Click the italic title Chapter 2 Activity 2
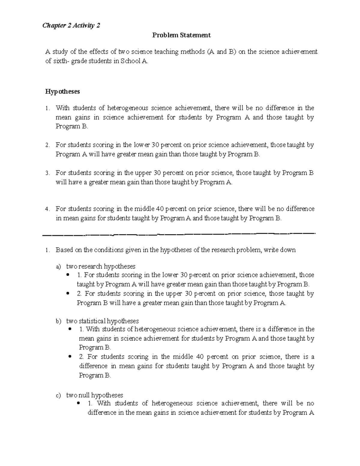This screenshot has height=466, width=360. (71, 26)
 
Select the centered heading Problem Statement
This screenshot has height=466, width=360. (181, 35)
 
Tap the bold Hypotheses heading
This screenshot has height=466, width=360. (62, 92)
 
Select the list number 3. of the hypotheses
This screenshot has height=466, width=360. (47, 173)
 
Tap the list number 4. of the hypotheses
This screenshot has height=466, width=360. (47, 209)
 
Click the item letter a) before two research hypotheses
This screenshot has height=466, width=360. (58, 266)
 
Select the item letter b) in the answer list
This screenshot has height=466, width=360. (58, 321)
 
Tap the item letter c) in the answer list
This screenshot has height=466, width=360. (58, 395)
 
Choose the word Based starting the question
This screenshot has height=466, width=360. (64, 250)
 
